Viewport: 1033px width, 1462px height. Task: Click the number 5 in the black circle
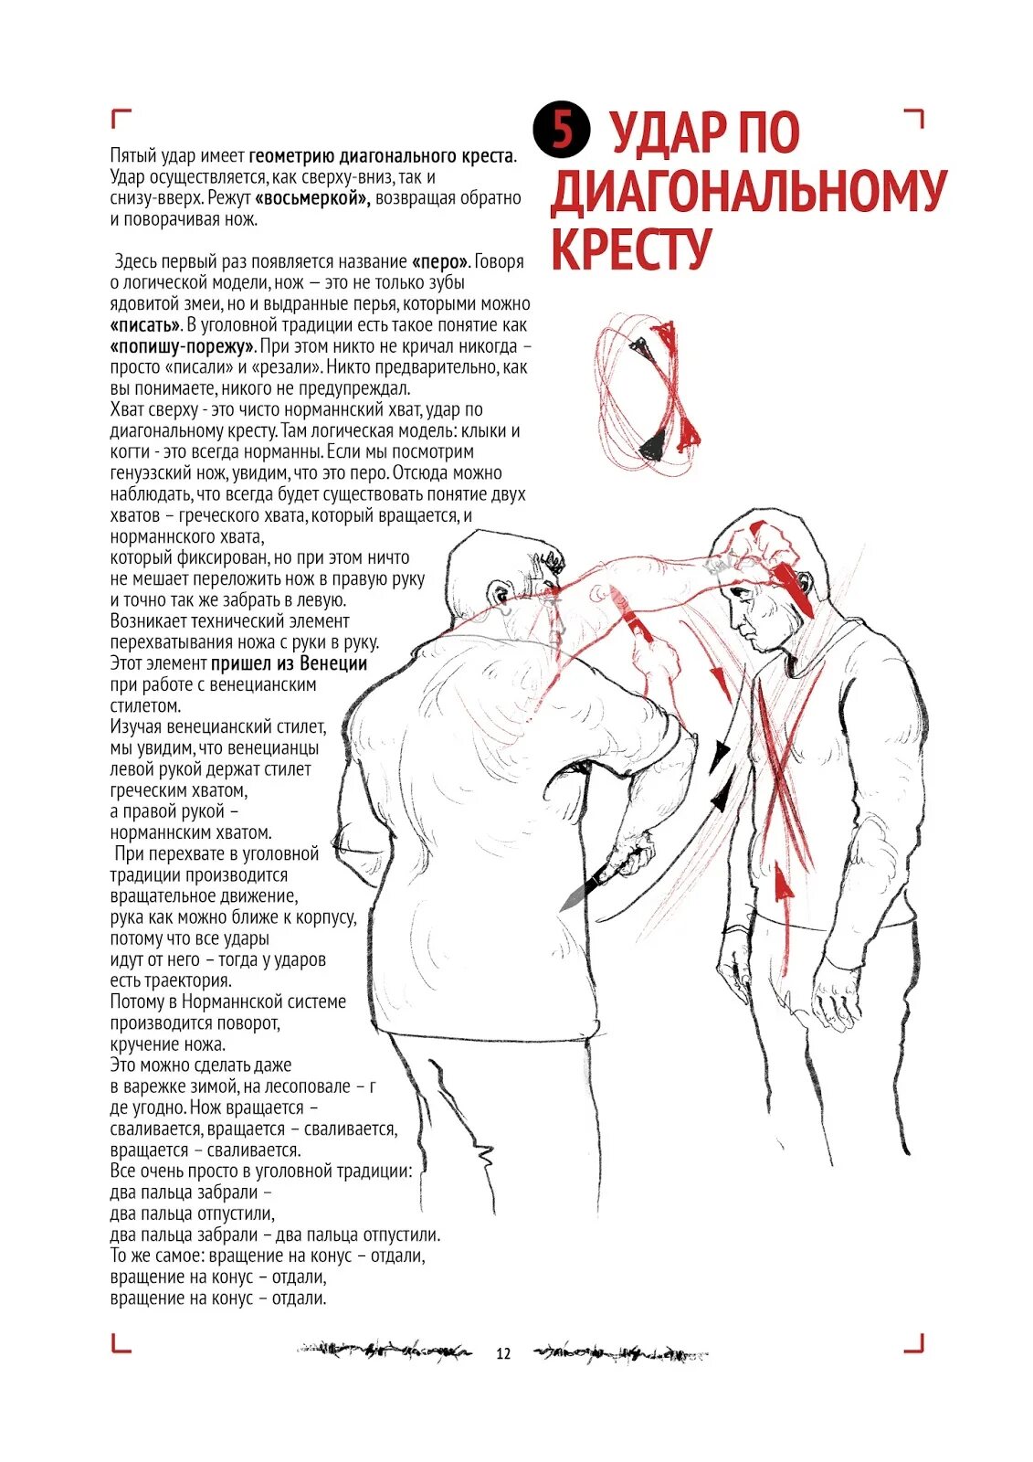point(563,130)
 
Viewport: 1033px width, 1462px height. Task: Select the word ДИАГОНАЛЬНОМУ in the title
point(748,191)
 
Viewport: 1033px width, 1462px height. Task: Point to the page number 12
point(503,1353)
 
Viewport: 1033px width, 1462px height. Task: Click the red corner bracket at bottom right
point(915,1342)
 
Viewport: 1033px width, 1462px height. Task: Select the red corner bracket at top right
point(914,118)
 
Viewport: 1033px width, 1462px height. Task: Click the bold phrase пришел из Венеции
point(289,663)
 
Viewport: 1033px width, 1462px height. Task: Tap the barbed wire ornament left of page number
point(384,1350)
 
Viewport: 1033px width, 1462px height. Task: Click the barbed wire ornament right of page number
point(621,1353)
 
